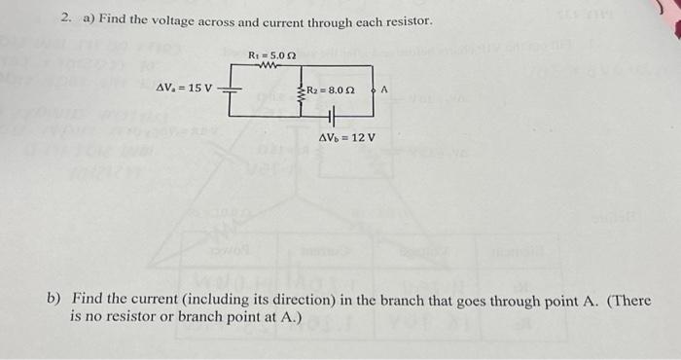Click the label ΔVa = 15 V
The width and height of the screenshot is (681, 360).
click(x=185, y=89)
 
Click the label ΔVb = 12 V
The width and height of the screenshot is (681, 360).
click(x=347, y=137)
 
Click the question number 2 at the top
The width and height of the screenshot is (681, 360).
click(x=64, y=18)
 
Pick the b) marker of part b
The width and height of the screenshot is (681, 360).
click(x=55, y=300)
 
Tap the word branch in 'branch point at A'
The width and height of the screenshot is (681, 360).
click(x=208, y=317)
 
